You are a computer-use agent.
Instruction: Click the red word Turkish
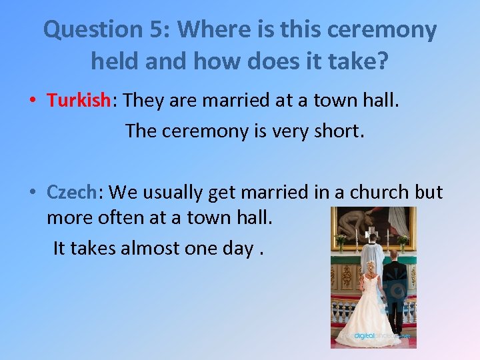click(x=78, y=101)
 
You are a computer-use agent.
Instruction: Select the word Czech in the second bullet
click(x=71, y=192)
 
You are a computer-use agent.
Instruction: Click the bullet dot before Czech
click(x=32, y=193)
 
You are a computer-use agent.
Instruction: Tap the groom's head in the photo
click(x=394, y=255)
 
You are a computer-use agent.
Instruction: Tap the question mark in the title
click(x=382, y=62)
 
